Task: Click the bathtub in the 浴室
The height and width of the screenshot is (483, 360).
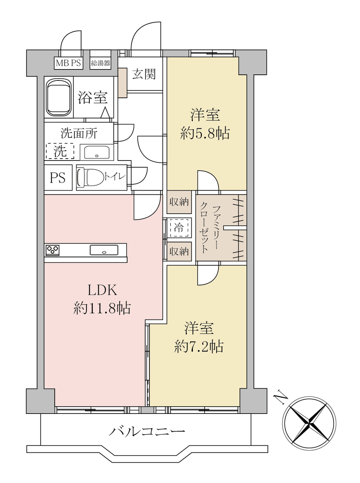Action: click(59, 97)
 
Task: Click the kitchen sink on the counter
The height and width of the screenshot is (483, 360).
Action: click(104, 250)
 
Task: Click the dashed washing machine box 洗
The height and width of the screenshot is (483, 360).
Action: click(60, 151)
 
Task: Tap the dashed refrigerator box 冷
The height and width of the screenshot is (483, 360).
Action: click(179, 228)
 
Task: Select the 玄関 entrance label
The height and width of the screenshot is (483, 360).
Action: click(144, 74)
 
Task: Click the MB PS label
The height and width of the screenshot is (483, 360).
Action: click(68, 63)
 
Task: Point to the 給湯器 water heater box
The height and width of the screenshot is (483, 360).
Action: click(100, 63)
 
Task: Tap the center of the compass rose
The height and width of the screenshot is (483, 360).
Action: click(309, 423)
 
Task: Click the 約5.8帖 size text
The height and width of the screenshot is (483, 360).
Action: click(205, 133)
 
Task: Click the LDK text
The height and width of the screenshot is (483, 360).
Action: click(102, 290)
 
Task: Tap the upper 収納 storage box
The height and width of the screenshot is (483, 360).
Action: click(179, 202)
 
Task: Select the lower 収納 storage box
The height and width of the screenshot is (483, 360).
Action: click(179, 251)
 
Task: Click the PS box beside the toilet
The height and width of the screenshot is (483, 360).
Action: click(58, 177)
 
